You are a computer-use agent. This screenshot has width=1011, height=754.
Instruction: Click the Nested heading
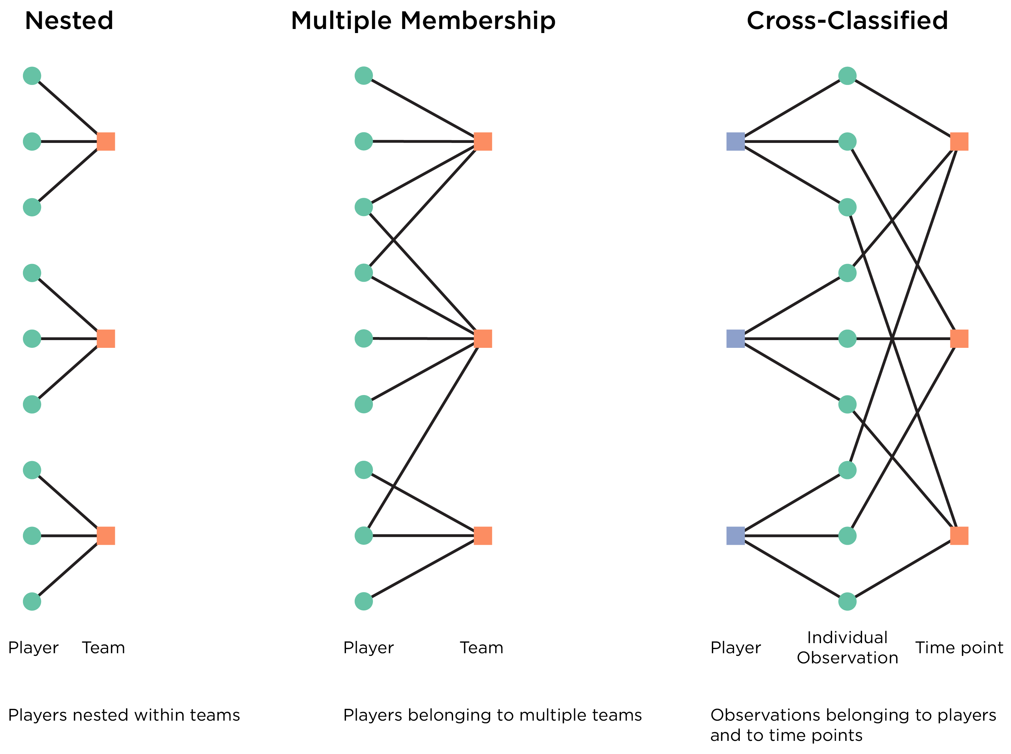click(x=69, y=21)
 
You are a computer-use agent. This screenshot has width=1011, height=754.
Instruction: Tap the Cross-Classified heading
click(x=847, y=21)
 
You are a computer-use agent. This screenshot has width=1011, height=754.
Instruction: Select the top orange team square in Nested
click(x=106, y=142)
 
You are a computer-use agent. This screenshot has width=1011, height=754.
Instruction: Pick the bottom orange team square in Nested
click(x=106, y=536)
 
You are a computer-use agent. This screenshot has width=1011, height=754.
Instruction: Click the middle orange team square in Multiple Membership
click(x=483, y=339)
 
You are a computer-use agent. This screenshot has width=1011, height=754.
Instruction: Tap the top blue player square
click(x=736, y=142)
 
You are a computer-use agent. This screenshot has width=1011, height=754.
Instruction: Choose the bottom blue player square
click(x=736, y=536)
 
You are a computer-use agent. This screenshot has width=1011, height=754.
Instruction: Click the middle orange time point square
click(x=959, y=339)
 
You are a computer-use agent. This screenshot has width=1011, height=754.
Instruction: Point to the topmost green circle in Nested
click(x=32, y=76)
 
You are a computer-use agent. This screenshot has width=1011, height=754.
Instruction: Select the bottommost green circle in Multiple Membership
click(x=364, y=602)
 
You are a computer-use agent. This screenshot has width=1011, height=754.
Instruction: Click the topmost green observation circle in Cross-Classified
click(x=848, y=76)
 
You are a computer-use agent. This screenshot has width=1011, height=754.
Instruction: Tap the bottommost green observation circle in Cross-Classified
click(x=848, y=602)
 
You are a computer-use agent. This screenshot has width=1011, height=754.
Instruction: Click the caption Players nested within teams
click(x=124, y=715)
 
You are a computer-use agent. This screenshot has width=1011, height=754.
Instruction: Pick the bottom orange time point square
click(x=959, y=536)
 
